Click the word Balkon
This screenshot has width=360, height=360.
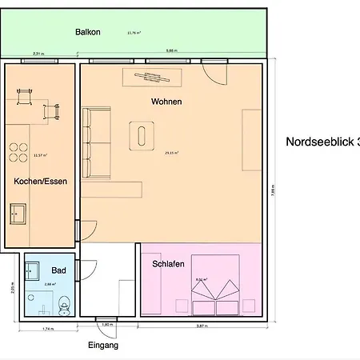point(87,33)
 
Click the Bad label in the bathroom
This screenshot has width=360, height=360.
point(58,270)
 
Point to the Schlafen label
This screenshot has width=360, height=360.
point(169,263)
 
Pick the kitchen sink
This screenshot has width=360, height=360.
point(18,214)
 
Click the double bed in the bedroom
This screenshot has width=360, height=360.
point(215,286)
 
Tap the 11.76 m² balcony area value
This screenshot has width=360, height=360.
point(134,33)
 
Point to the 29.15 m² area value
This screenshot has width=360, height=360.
point(172,153)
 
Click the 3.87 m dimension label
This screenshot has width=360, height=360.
point(202,326)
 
